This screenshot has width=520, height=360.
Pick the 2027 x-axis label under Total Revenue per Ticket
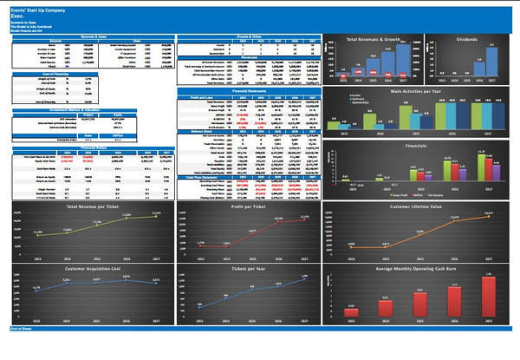pyautogui.click(x=156, y=259)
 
